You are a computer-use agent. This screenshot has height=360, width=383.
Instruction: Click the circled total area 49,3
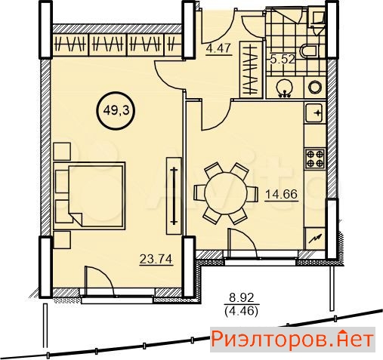pyautogui.click(x=116, y=111)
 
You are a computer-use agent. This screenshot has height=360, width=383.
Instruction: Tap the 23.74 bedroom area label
pyautogui.click(x=156, y=259)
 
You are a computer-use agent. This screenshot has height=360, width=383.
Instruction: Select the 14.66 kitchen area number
pyautogui.click(x=282, y=194)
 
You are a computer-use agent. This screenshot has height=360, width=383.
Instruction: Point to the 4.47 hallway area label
pyautogui.click(x=218, y=48)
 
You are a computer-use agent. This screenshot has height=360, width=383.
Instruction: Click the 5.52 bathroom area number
pyautogui.click(x=282, y=60)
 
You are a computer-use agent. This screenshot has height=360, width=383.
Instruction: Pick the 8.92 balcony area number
pyautogui.click(x=241, y=298)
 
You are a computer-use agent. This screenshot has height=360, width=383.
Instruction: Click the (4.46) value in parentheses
pyautogui.click(x=241, y=312)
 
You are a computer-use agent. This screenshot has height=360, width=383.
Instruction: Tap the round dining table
pyautogui.click(x=226, y=193)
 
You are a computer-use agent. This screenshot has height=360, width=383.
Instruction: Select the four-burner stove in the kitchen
pyautogui.click(x=315, y=158)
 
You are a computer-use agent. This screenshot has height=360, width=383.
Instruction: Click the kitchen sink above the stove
pyautogui.click(x=314, y=112)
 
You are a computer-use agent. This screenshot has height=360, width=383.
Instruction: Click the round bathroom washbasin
pyautogui.click(x=285, y=88)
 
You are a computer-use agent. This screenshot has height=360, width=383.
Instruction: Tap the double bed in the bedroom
pyautogui.click(x=89, y=195)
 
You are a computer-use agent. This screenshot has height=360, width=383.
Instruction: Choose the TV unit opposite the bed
pyautogui.click(x=174, y=196)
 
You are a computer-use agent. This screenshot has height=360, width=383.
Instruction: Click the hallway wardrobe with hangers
pyautogui.click(x=252, y=69)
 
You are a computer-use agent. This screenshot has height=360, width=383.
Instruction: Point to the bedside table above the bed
pyautogui.click(x=62, y=151)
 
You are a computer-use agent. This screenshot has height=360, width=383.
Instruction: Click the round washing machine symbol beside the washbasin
pyautogui.click(x=315, y=88)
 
